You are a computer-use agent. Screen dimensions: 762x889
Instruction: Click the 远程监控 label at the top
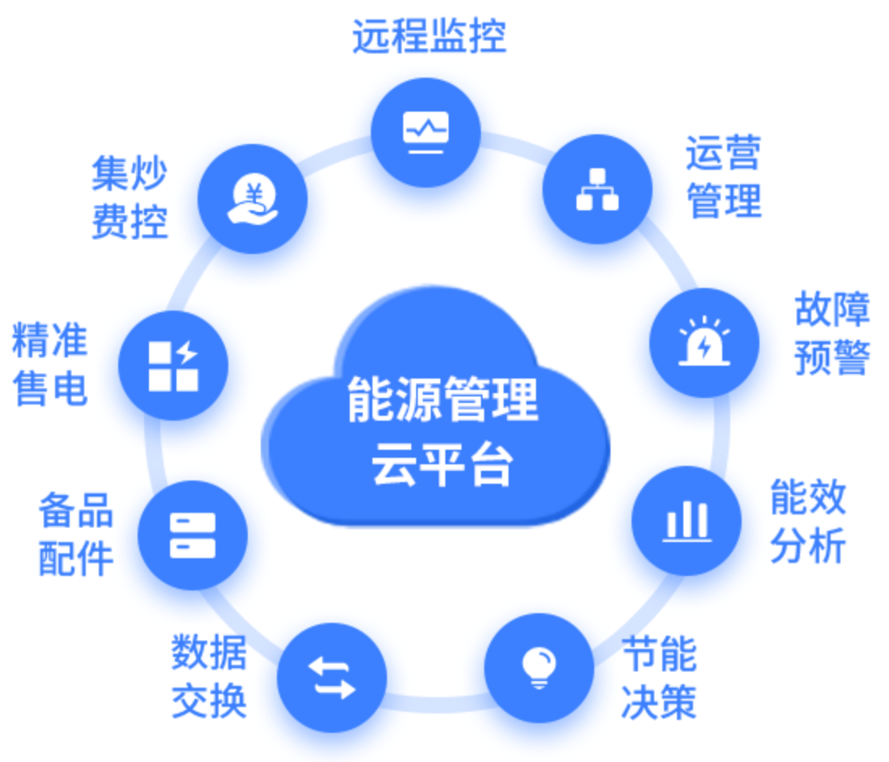tap(429, 36)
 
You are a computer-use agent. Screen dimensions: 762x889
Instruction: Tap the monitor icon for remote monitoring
tap(426, 131)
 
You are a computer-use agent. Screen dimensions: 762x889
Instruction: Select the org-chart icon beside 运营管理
tap(598, 191)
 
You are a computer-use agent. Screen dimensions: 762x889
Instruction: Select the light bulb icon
tap(538, 667)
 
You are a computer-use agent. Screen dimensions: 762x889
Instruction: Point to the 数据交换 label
tap(209, 675)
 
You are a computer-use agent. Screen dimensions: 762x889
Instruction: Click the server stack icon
tap(193, 535)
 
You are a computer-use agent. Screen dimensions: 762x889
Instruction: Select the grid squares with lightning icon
tap(173, 366)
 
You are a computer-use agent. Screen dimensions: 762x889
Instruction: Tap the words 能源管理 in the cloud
tap(443, 400)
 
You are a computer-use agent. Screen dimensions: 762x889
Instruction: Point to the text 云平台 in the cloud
tap(442, 464)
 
